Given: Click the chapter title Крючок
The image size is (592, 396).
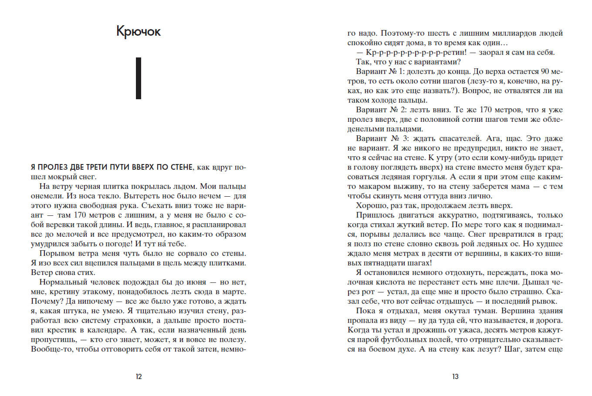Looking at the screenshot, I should [139, 32].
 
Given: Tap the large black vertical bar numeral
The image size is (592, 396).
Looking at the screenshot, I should [139, 78].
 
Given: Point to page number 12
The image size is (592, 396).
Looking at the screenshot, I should [139, 377].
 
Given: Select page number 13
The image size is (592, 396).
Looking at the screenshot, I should [455, 377].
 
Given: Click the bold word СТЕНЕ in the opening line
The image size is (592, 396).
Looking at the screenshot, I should [177, 168].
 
